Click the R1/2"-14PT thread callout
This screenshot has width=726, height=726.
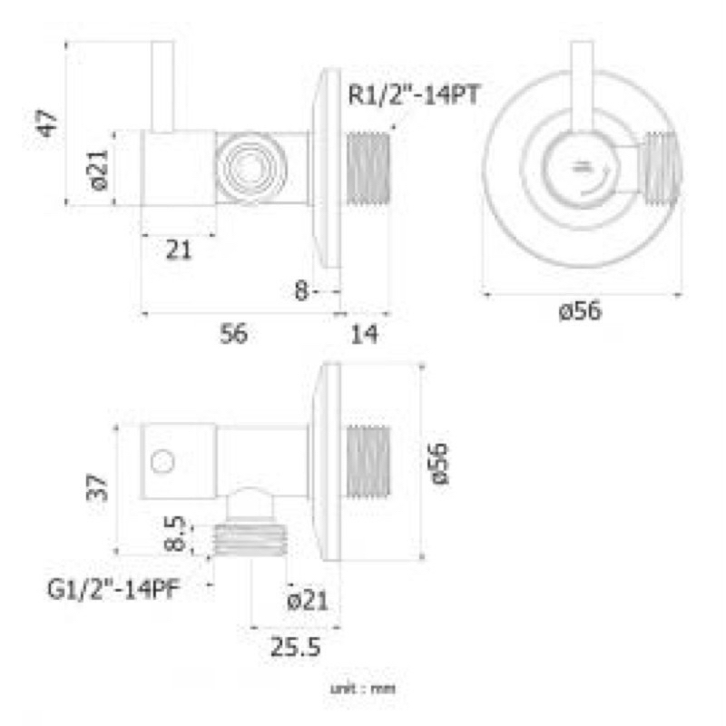coord(414,95)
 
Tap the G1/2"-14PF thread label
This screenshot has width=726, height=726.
coord(113,589)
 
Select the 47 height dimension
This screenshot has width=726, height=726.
coord(48,123)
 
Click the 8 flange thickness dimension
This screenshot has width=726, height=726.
coord(301,290)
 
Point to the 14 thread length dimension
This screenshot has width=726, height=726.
coord(364,334)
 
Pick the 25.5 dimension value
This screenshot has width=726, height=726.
coord(296,646)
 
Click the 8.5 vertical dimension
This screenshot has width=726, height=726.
coord(175,534)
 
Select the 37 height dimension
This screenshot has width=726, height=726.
coord(97,487)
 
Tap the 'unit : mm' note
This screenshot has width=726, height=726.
coord(363,689)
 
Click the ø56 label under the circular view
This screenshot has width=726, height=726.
coord(580,310)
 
